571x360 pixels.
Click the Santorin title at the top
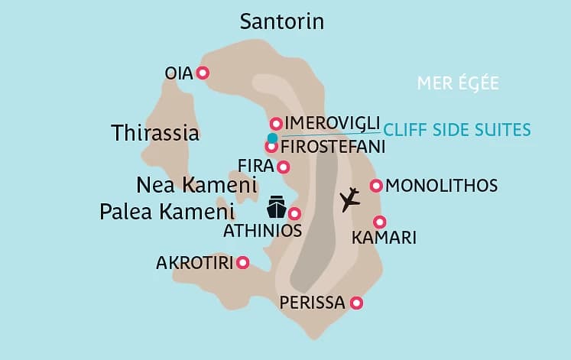282,21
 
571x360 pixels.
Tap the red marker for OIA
203,73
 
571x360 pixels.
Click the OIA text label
179,73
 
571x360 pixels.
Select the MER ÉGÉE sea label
458,83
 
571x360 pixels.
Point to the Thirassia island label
155,133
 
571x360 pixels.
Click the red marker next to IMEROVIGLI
276,123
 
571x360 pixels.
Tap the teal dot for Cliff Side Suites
272,138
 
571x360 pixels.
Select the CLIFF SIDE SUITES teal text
457,129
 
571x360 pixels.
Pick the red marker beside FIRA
284,167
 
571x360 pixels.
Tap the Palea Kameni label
167,212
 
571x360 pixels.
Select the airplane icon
350,199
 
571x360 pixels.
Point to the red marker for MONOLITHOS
375,185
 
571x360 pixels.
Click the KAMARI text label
384,238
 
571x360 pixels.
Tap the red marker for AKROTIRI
243,262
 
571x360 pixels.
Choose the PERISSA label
313,303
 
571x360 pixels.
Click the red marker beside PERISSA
355,303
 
